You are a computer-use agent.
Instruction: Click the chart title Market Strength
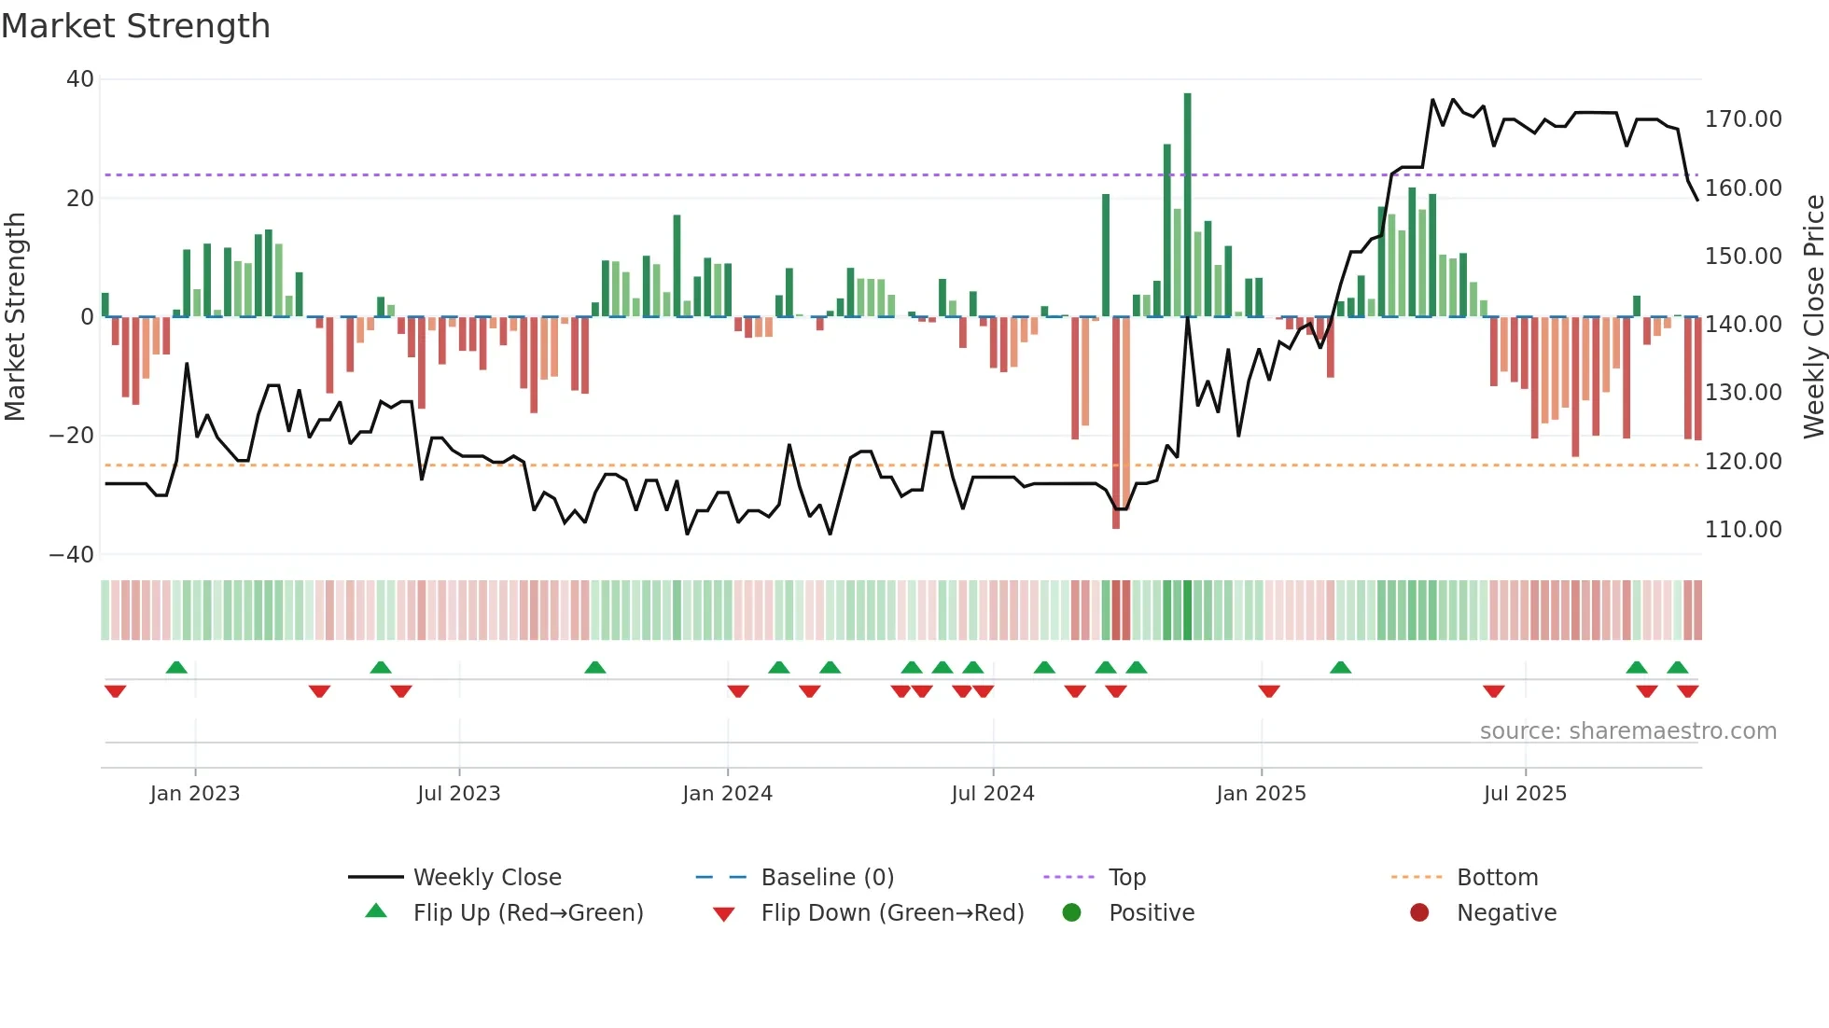point(135,26)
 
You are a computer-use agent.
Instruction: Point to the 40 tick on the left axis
point(80,79)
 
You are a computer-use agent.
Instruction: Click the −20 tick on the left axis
point(72,436)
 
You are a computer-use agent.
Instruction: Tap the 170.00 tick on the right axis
point(1742,119)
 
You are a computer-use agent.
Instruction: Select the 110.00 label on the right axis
point(1742,530)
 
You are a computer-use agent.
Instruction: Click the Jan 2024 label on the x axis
point(727,794)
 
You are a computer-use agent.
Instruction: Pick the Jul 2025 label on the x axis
point(1525,794)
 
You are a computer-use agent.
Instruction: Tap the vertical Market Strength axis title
point(15,317)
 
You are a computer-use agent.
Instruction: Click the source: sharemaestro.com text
point(1627,731)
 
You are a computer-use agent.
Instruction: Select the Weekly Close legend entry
point(487,878)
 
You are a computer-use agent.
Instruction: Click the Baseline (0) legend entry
point(827,878)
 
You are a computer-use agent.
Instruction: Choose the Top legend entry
point(1126,878)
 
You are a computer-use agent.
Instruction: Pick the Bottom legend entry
point(1497,878)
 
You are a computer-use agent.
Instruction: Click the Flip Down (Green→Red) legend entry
point(891,913)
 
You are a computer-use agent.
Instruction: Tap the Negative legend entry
point(1506,913)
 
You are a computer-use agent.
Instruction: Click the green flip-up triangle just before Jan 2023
point(176,667)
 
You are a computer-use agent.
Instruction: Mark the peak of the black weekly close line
point(1433,100)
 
